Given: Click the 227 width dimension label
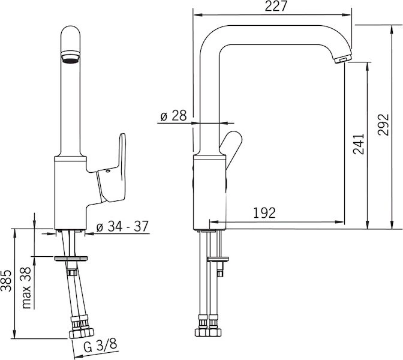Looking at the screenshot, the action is pyautogui.click(x=276, y=7).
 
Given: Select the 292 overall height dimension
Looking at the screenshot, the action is pyautogui.click(x=383, y=124).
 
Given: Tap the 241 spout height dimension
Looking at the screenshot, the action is pyautogui.click(x=359, y=144).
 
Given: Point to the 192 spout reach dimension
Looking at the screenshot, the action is pyautogui.click(x=264, y=213).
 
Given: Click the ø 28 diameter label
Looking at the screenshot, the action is pyautogui.click(x=173, y=116).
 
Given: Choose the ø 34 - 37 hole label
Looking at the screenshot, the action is pyautogui.click(x=122, y=226).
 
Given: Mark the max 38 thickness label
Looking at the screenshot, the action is pyautogui.click(x=27, y=288).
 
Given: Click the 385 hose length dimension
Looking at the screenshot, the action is pyautogui.click(x=6, y=281).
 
